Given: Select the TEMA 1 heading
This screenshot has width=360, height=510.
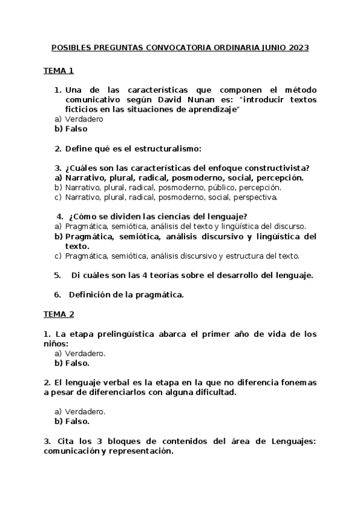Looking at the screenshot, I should coord(58,71).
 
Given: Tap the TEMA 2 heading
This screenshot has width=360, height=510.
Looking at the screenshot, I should coord(58,314).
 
